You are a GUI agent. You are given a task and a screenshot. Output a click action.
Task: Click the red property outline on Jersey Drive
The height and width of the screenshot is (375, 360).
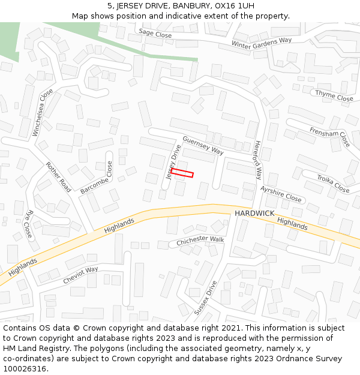tap(182, 173)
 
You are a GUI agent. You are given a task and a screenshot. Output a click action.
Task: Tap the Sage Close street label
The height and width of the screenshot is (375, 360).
tap(155, 34)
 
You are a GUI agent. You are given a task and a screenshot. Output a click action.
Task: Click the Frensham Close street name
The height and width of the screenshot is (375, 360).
tap(329, 136)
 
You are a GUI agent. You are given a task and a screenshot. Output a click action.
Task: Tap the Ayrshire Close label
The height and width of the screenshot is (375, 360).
tap(281, 194)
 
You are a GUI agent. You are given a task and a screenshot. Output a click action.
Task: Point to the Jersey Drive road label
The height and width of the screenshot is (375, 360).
tap(174, 161)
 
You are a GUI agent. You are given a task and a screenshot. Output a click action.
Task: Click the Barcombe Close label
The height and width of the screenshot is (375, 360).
tap(97, 178)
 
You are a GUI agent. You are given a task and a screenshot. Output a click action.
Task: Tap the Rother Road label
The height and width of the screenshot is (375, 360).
tap(58, 177)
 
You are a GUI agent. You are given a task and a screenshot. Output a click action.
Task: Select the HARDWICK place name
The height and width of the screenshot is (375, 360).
tap(254, 214)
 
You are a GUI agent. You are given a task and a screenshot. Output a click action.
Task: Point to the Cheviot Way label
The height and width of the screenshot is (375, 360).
tap(80, 275)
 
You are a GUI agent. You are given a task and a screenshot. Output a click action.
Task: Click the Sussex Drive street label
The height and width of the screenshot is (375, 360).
tap(205, 298)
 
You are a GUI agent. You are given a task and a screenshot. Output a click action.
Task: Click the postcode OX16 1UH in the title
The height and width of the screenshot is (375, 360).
tap(232, 5)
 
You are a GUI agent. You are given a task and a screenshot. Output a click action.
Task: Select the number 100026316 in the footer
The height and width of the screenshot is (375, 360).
tap(25, 369)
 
